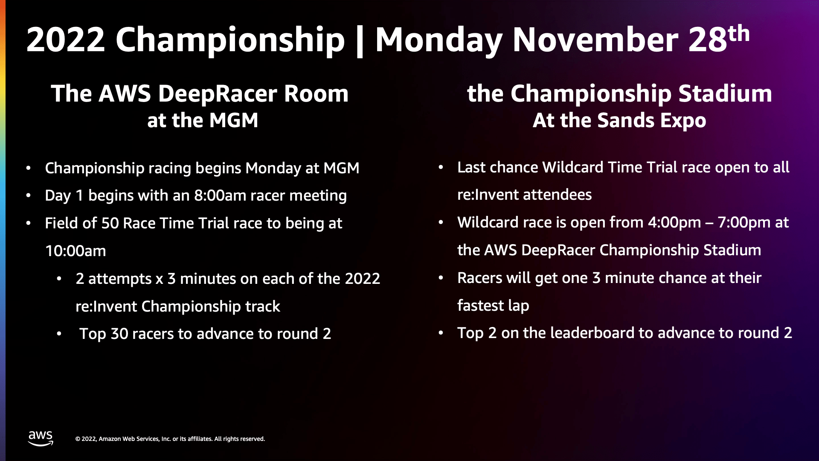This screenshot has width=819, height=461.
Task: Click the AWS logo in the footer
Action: pos(41,438)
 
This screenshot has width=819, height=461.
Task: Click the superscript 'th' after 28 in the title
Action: pos(739,33)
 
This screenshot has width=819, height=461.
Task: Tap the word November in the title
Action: pos(595,40)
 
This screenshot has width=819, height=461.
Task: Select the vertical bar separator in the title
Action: pos(360,41)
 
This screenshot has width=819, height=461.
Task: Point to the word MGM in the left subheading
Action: pos(234,120)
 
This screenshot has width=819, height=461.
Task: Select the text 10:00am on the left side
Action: pos(76,251)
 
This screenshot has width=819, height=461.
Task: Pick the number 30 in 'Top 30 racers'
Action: pos(119,334)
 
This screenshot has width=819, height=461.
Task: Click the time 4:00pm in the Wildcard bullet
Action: pos(674,222)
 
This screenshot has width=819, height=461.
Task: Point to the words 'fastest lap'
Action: pos(493,306)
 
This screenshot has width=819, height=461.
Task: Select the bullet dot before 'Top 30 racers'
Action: pos(59,334)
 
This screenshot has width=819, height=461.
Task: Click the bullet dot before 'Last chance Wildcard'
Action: pos(441,167)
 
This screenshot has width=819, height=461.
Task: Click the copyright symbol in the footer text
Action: pos(78,439)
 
